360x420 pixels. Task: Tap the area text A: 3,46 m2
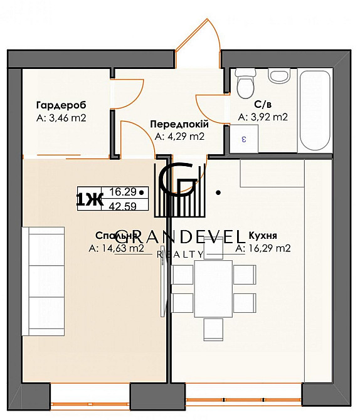point(60,117)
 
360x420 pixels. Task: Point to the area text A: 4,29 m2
point(179,135)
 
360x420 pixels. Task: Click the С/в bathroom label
point(263,104)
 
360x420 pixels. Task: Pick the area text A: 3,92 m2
point(263,117)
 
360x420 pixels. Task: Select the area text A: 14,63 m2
point(117,248)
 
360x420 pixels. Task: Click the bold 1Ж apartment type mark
point(88,199)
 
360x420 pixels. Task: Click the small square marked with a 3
point(243,139)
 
